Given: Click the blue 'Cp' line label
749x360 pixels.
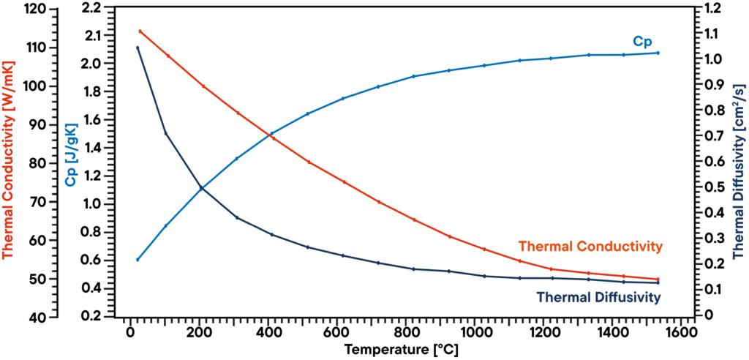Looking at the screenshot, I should (x=642, y=42).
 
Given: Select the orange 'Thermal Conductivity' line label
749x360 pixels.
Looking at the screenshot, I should (x=590, y=245).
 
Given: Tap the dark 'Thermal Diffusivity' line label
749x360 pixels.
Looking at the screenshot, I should (x=598, y=297).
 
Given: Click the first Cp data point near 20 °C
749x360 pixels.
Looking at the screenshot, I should (x=138, y=260).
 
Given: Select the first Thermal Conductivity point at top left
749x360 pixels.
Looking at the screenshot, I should (x=140, y=31).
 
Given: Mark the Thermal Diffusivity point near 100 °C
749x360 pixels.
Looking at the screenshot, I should (x=165, y=132).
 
